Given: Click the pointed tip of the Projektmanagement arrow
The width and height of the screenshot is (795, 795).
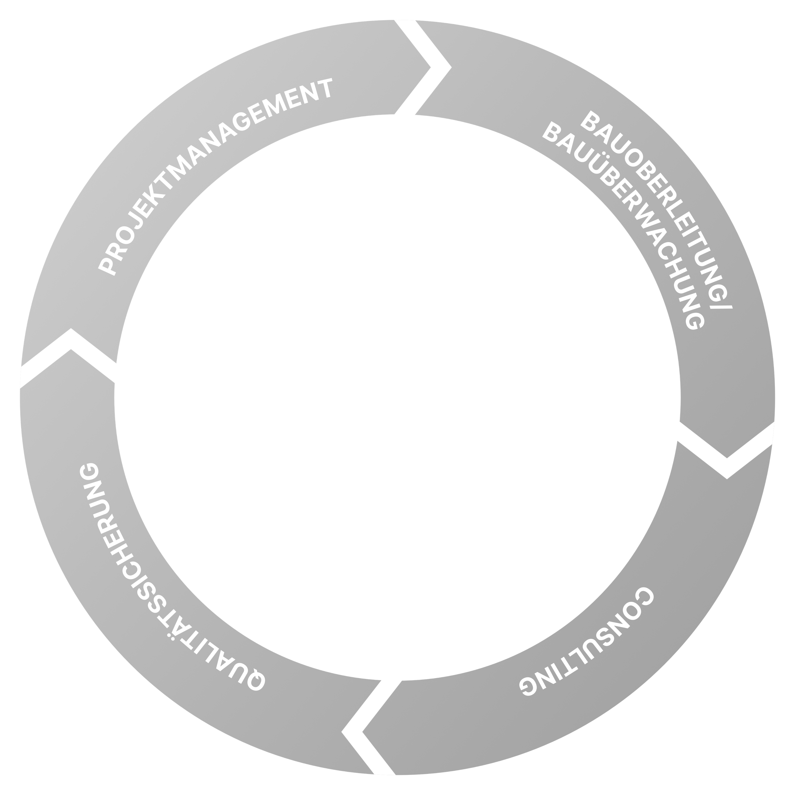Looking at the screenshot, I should point(430,67).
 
